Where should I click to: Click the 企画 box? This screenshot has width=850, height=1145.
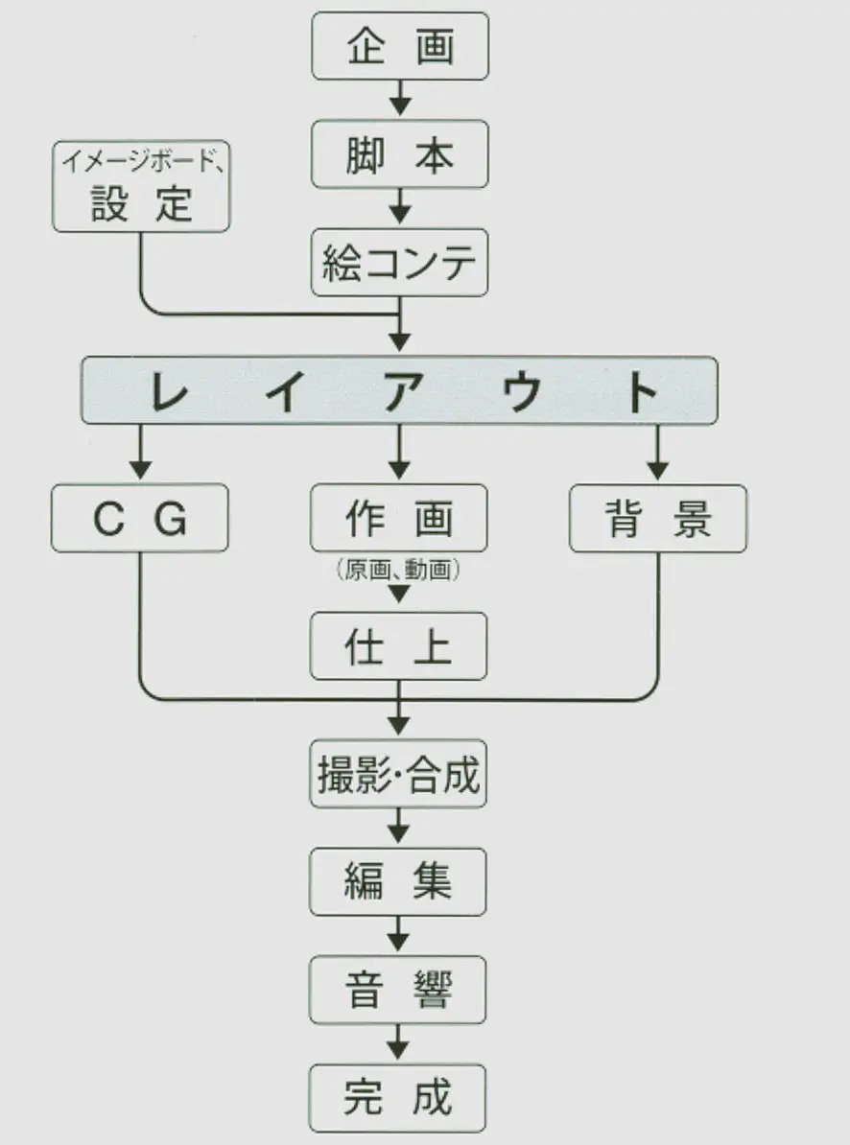point(400,46)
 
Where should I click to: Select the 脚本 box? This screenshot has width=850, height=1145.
point(400,154)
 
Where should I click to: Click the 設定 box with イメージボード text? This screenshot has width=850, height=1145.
point(141,189)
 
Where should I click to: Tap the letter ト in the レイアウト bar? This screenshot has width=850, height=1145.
point(641,391)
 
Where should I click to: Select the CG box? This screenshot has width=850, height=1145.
point(140,519)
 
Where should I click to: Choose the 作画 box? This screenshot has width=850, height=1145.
point(399,519)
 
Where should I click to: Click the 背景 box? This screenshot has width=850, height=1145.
point(658,519)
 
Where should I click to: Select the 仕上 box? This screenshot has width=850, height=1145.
point(399,647)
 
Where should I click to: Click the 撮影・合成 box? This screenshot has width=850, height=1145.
point(399,774)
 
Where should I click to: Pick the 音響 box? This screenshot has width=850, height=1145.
point(399,990)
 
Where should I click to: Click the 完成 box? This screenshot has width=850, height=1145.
point(399,1097)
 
